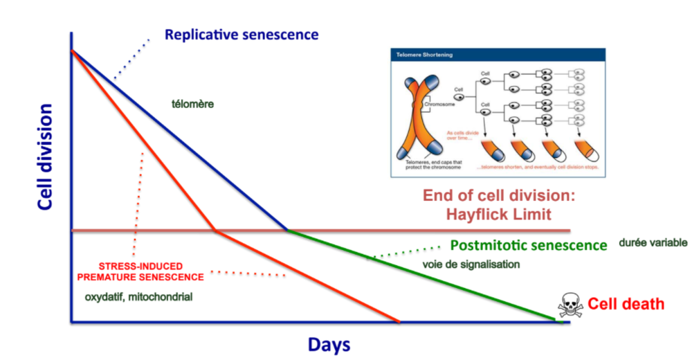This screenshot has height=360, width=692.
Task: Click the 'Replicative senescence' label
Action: pos(242,34)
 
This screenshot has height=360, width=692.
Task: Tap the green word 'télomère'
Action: pos(192,105)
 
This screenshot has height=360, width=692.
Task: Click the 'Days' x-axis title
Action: pos(329,344)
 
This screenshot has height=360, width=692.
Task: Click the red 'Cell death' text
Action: pos(626,304)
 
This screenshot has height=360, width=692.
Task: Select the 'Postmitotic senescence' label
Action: pos(528,245)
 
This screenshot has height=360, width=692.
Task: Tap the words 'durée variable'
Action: pos(653,243)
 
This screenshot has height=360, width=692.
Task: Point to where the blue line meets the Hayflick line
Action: pos(288,231)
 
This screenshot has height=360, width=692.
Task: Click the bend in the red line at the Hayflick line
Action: pos(217,231)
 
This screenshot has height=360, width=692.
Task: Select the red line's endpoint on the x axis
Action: pos(399,322)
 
